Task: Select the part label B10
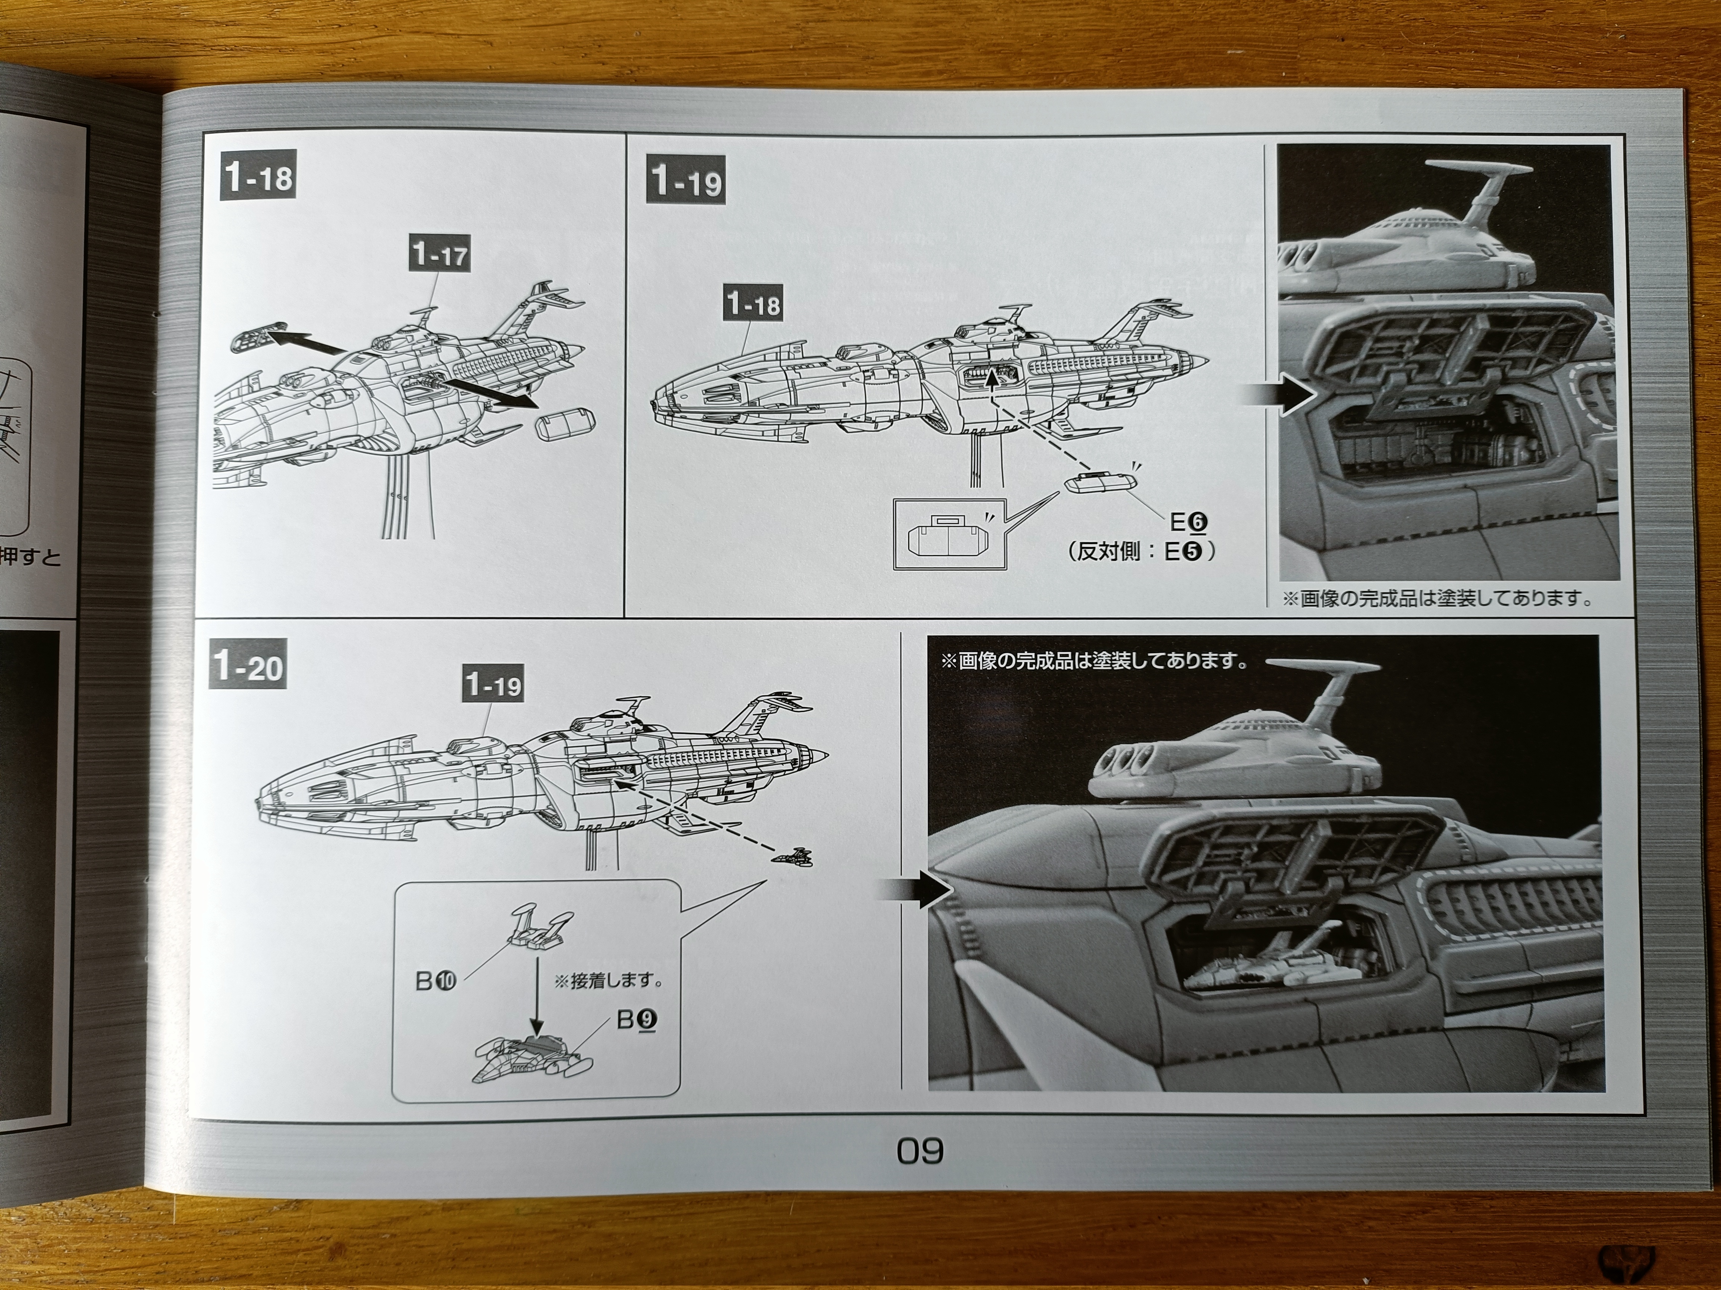click(x=436, y=981)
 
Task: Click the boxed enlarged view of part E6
click(x=949, y=535)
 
